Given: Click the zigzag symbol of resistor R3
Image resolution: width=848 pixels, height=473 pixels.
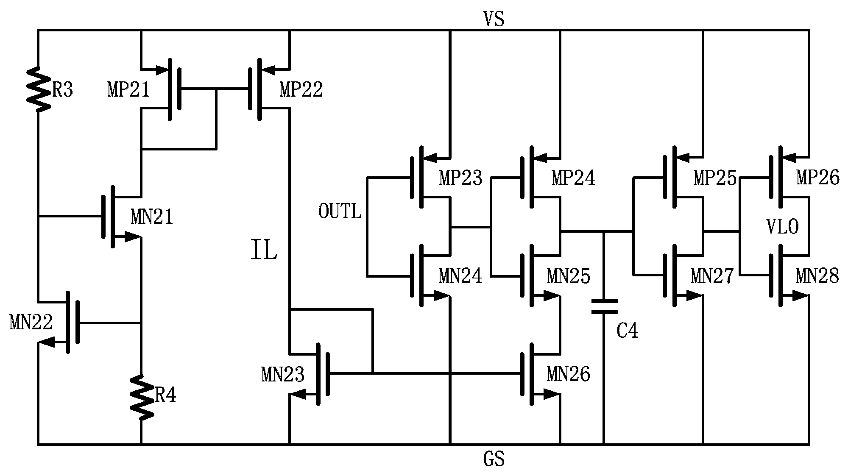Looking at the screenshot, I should click(x=38, y=90).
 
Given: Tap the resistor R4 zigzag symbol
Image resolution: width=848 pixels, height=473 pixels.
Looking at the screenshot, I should click(x=141, y=397).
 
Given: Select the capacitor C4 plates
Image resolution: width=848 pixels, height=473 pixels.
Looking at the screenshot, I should click(x=604, y=306).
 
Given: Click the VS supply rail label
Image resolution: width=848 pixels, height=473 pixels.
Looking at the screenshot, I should click(x=494, y=19).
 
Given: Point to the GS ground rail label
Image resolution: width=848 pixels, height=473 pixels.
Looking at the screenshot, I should click(x=494, y=459).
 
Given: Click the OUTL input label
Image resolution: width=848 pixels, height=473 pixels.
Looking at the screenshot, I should click(x=340, y=211).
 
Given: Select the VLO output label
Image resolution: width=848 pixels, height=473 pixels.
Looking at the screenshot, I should click(x=782, y=227).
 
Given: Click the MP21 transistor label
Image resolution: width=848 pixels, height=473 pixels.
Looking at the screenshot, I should click(x=128, y=90).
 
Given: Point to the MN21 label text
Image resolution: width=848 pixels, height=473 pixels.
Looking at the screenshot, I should click(x=152, y=217).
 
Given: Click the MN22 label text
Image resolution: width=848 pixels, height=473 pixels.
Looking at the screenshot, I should click(x=31, y=323).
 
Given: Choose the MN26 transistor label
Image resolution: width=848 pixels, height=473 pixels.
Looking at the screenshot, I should click(x=568, y=374).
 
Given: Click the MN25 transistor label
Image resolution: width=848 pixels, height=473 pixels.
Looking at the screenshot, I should click(x=568, y=276).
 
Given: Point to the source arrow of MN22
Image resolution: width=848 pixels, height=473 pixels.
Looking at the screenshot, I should click(x=47, y=342).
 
